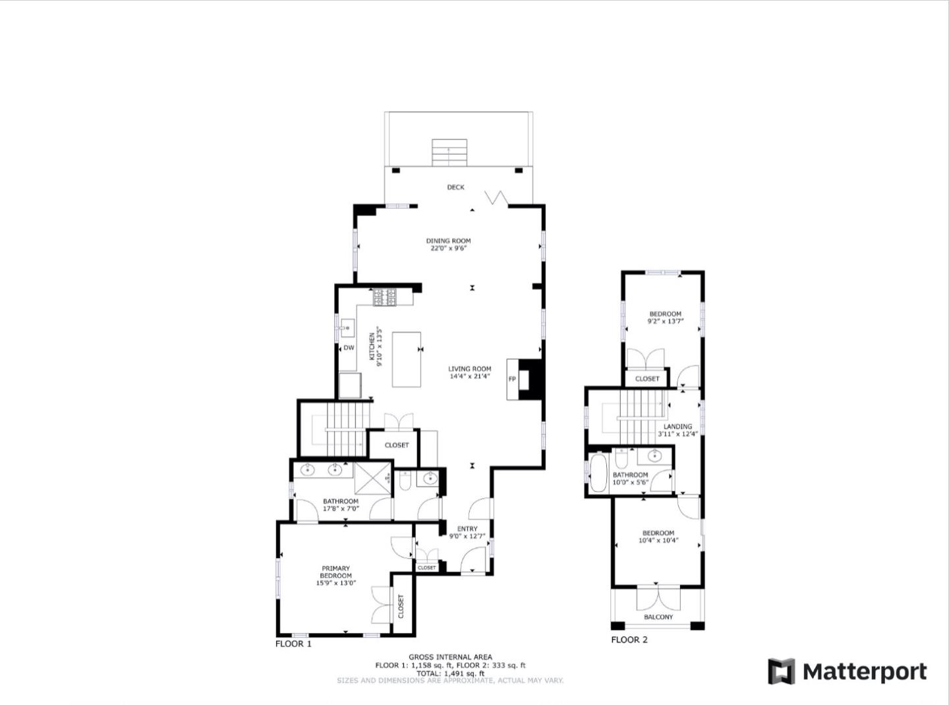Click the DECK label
point(455,187)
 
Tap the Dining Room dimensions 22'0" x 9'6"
point(447,248)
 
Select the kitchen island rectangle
point(406,359)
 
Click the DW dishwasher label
point(349,348)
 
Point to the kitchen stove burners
point(384,297)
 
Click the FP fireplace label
point(511,379)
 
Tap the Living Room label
point(469,369)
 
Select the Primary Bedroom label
point(335,571)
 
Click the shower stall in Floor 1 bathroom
point(372,478)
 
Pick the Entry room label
point(467,528)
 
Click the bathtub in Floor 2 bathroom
point(598,472)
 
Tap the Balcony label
point(658,617)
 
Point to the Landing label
point(677,426)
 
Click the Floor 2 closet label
point(647,379)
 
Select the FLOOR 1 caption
point(293,644)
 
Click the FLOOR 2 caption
point(629,640)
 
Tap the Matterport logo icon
point(782,671)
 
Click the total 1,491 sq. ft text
point(451,673)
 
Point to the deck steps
point(449,152)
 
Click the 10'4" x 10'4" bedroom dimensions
point(658,540)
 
